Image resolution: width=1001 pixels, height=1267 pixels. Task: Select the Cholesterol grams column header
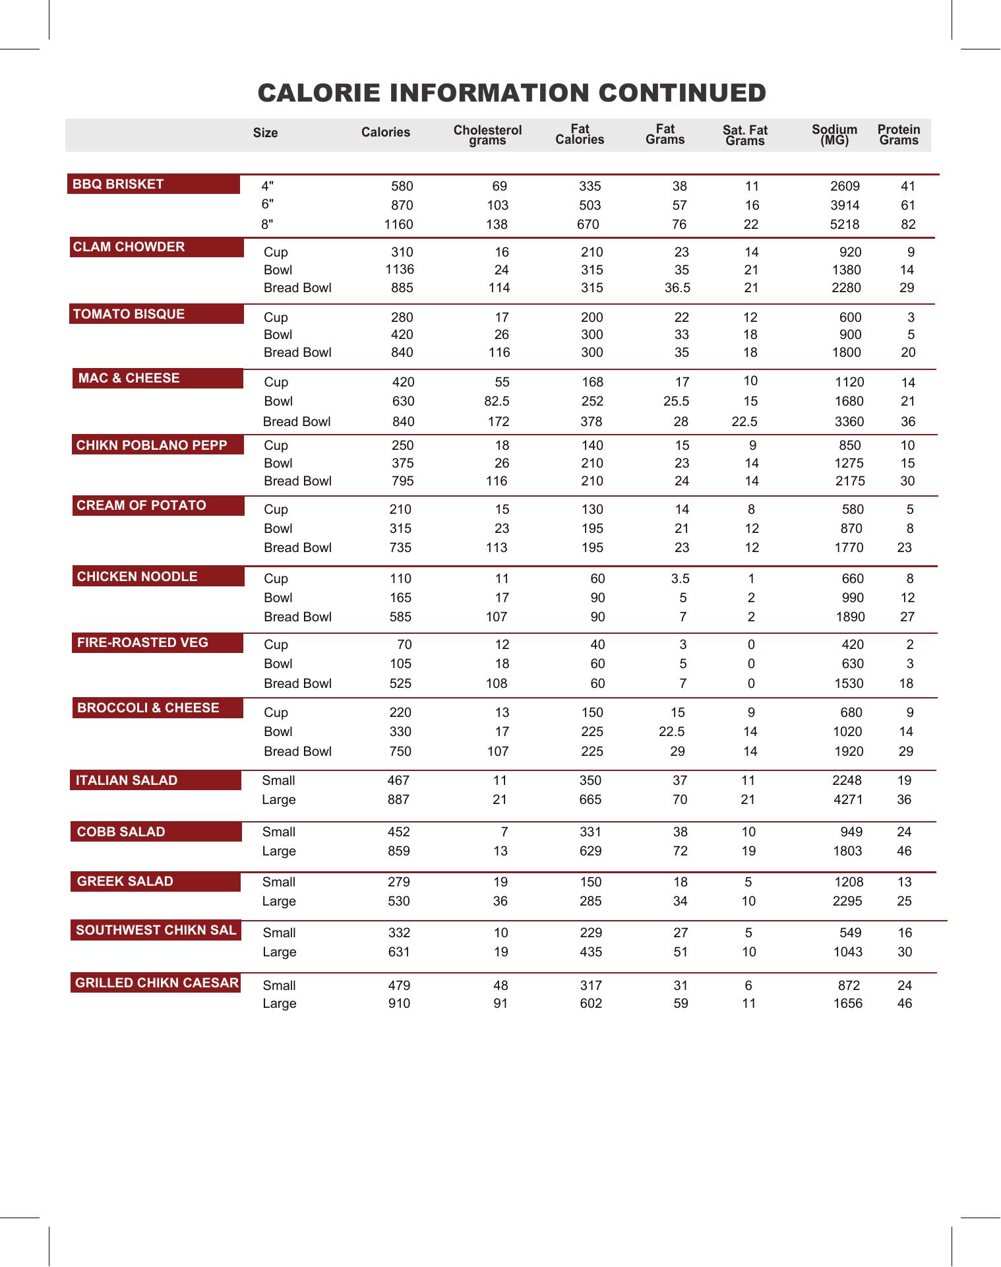pyautogui.click(x=487, y=135)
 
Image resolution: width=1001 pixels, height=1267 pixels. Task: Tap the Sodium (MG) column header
pyautogui.click(x=834, y=135)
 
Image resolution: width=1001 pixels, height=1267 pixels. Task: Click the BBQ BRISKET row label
pyautogui.click(x=119, y=185)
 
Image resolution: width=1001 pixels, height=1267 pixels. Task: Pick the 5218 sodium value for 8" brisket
pyautogui.click(x=844, y=225)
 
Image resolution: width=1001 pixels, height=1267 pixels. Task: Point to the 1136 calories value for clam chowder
pyautogui.click(x=400, y=269)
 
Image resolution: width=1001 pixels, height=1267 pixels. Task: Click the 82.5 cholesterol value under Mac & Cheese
pyautogui.click(x=497, y=402)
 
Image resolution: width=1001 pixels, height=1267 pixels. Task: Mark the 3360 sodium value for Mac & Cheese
pyautogui.click(x=849, y=422)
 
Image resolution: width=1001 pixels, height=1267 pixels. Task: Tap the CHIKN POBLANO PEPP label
pyautogui.click(x=152, y=446)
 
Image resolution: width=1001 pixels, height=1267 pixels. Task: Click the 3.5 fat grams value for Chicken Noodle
pyautogui.click(x=680, y=579)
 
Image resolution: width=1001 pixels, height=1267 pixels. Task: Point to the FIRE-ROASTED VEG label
pyautogui.click(x=142, y=643)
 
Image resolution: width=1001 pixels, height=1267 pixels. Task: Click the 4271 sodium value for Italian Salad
pyautogui.click(x=847, y=800)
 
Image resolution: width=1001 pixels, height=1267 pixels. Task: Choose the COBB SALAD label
pyautogui.click(x=121, y=832)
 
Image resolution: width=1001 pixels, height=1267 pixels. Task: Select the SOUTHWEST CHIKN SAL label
pyautogui.click(x=156, y=931)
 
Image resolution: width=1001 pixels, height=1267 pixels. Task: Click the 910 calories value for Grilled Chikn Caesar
pyautogui.click(x=399, y=1004)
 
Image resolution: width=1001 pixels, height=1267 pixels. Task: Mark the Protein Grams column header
pyautogui.click(x=898, y=135)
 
